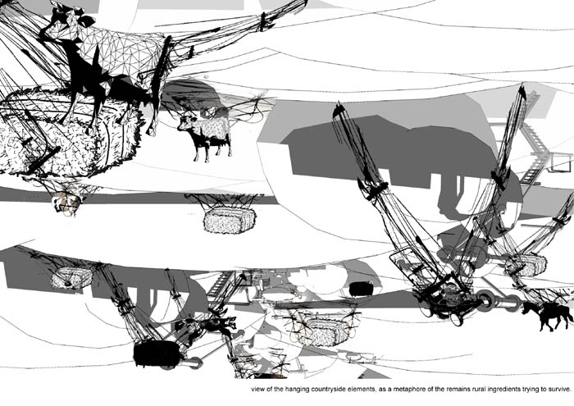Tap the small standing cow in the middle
tap(206, 136)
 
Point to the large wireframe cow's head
tap(62, 21)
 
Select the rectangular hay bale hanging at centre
tap(230, 221)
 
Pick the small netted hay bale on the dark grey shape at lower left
tap(71, 277)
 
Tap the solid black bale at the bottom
tap(157, 354)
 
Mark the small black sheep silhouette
tap(361, 289)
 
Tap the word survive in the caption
tap(559, 389)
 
